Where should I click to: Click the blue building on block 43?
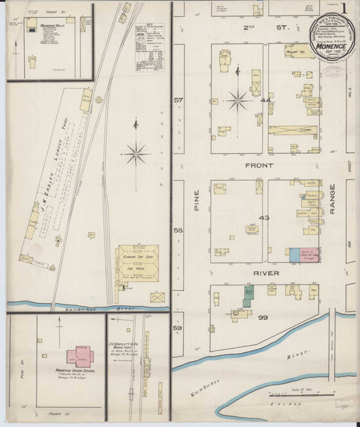[294, 255]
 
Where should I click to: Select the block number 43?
[265, 217]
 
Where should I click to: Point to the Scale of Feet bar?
[307, 394]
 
